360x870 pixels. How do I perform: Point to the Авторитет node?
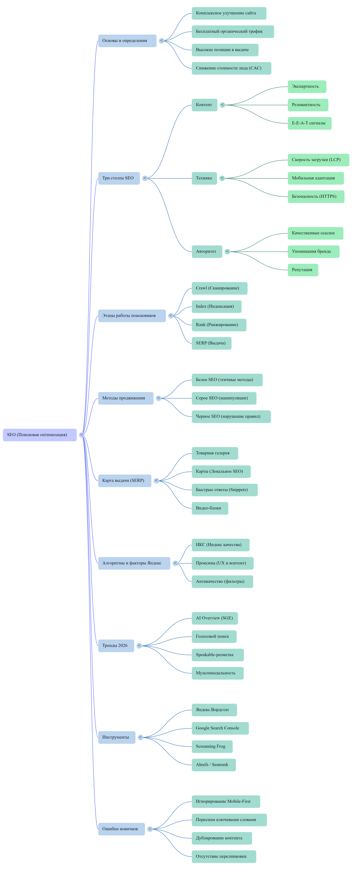coord(207,252)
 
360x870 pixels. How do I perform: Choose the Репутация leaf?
coord(303,270)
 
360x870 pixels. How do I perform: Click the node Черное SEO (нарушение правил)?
coord(231,416)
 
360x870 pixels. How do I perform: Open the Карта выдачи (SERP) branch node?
coord(124,481)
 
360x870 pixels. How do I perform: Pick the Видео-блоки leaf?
coord(210,508)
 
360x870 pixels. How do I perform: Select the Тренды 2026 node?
coord(116,646)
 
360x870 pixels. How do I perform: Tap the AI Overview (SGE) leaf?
coord(215,618)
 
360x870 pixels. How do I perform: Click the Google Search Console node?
coord(220,728)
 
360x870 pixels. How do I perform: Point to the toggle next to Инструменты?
coord(140,737)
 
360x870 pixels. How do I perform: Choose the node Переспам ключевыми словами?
coord(229,820)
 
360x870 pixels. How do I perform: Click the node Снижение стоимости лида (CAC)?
coord(231,68)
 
